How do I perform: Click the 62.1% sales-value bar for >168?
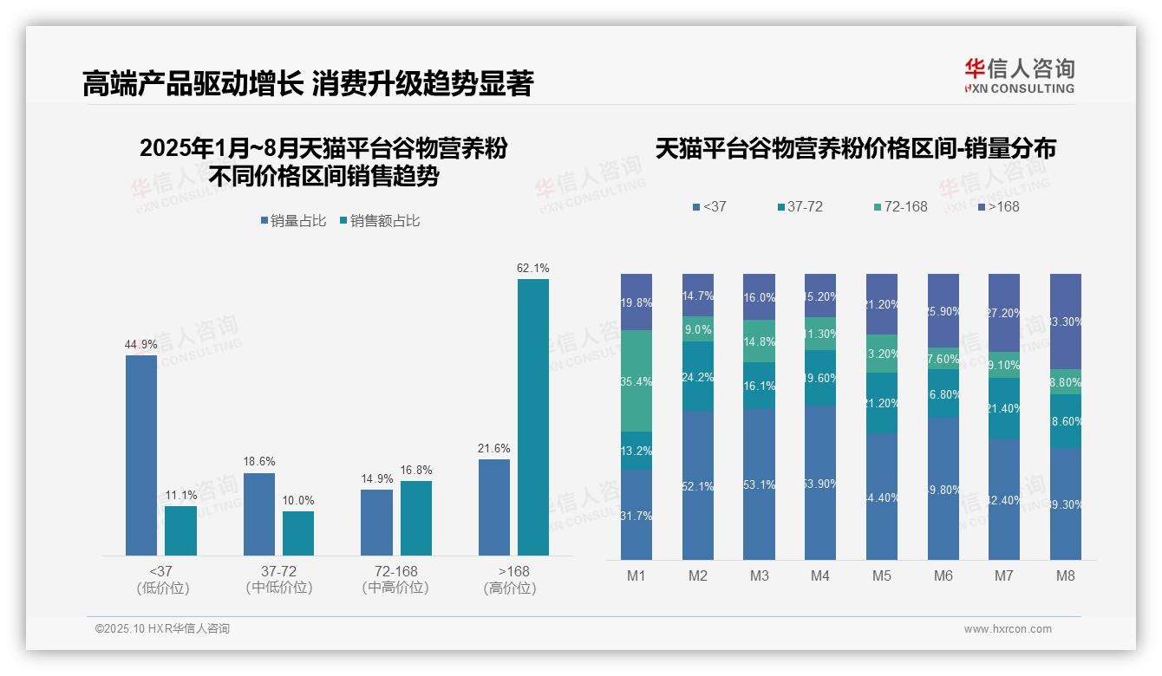(x=533, y=416)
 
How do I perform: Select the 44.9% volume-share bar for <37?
(x=141, y=455)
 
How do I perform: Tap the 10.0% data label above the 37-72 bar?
(x=298, y=500)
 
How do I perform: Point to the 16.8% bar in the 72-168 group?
(x=416, y=517)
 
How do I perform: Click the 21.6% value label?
(x=494, y=448)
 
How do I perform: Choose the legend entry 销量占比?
(x=293, y=221)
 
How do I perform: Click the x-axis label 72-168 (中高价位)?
(x=395, y=580)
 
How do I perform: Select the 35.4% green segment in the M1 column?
(x=636, y=380)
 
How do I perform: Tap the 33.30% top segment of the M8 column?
(x=1066, y=322)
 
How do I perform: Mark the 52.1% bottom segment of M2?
(x=698, y=485)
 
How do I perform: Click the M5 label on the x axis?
(x=882, y=576)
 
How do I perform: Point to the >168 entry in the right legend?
(x=998, y=206)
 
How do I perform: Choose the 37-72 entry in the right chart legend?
(x=800, y=206)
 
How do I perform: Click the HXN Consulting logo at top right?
(x=1019, y=75)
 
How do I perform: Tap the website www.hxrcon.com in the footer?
(x=1008, y=629)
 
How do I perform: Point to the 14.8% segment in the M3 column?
(x=760, y=341)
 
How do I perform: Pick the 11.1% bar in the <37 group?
(x=180, y=530)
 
